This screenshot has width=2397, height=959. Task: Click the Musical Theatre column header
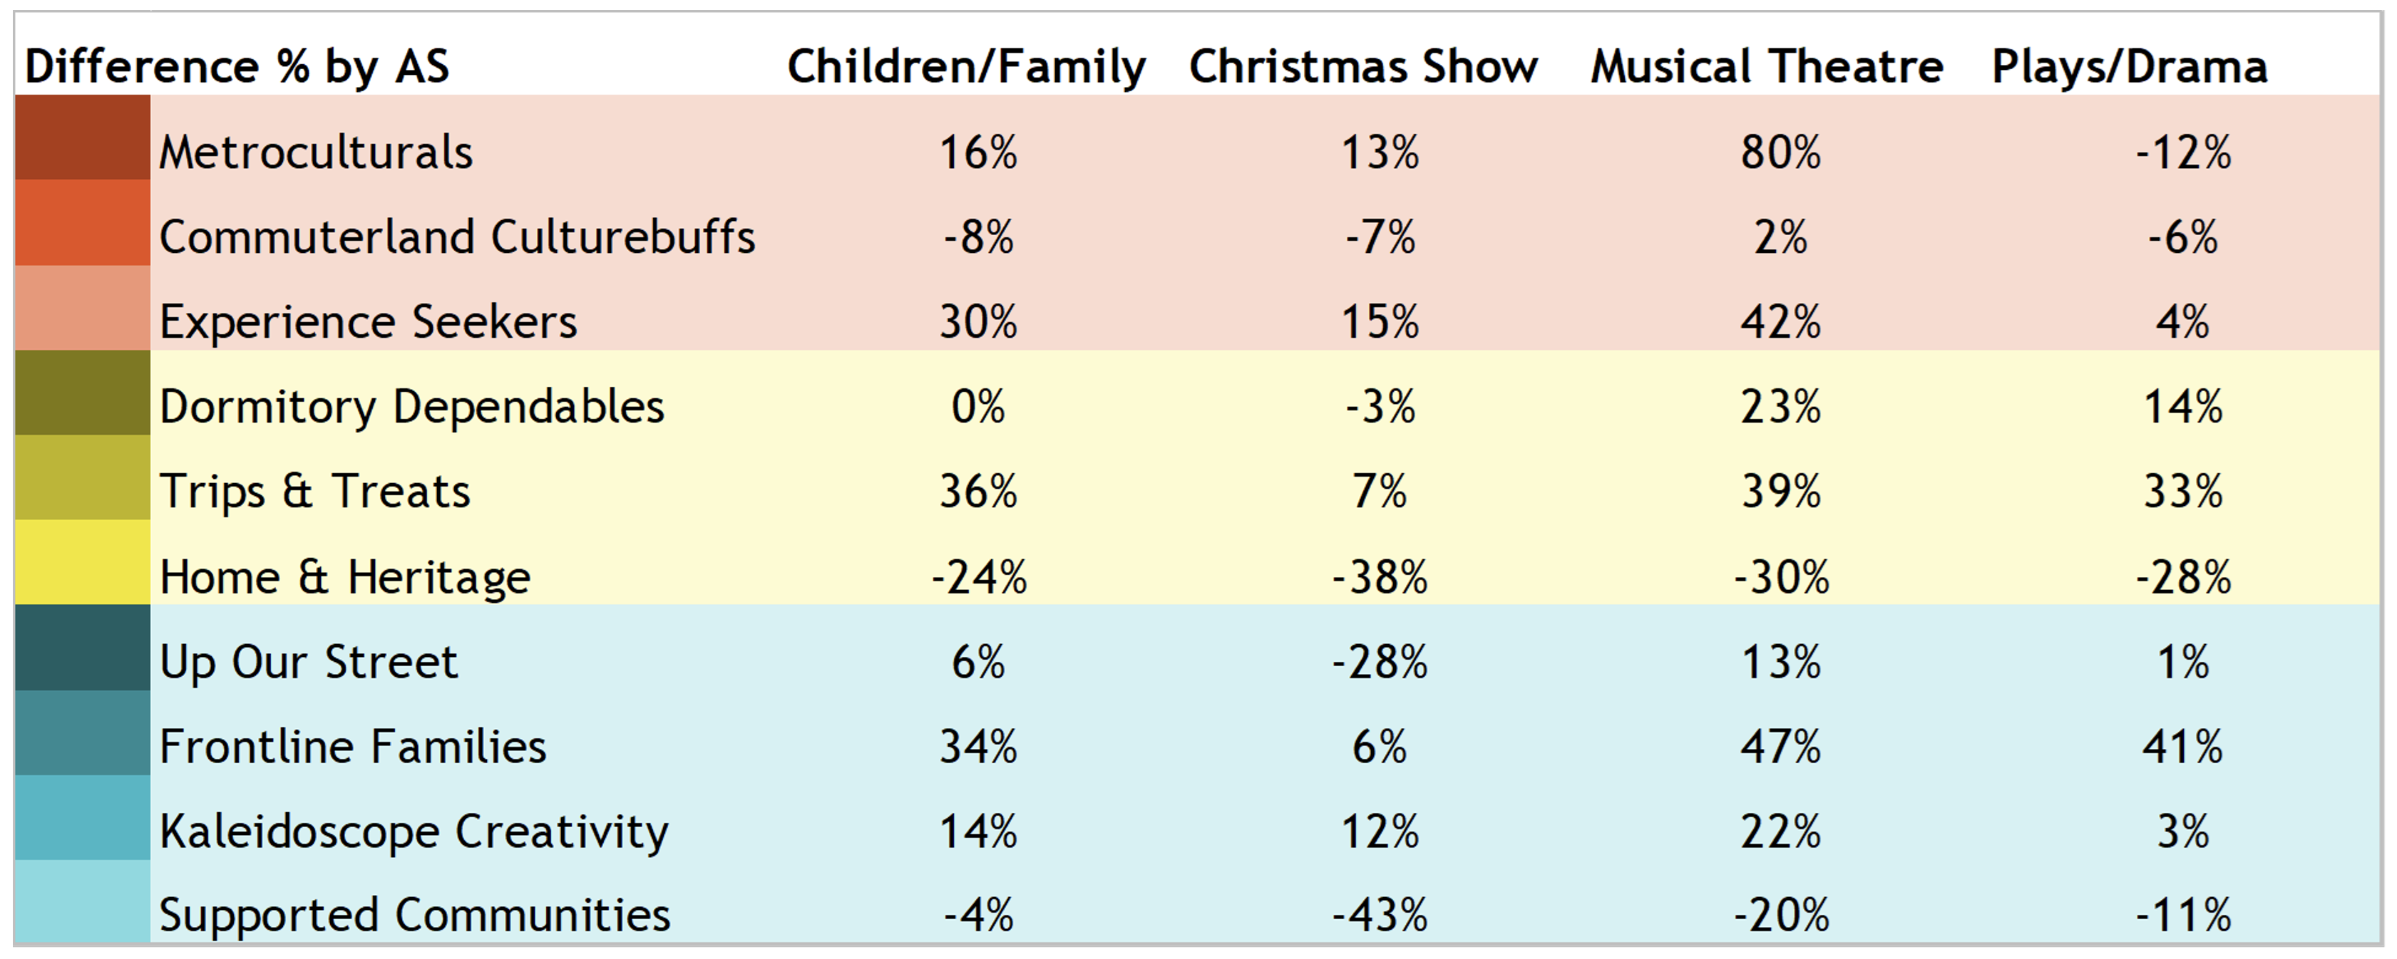tap(1766, 67)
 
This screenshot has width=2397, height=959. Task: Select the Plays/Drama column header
tap(2129, 67)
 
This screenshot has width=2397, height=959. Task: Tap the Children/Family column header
tap(966, 67)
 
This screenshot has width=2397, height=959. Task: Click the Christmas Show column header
tap(1363, 67)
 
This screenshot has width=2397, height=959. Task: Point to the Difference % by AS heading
tap(237, 67)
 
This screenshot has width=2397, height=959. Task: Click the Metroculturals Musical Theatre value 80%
tap(1780, 152)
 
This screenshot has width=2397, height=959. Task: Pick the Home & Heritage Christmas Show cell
tap(1379, 576)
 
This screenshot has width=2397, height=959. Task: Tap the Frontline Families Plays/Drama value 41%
tap(2182, 747)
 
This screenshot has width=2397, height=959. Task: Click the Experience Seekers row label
tap(368, 323)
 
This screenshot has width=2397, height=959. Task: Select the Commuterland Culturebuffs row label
tap(457, 237)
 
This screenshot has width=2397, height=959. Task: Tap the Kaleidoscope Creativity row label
tap(413, 831)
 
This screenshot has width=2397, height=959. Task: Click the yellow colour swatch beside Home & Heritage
tap(82, 562)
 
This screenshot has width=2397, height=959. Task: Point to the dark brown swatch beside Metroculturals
tap(82, 138)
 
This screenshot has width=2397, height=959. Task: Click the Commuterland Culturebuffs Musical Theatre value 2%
tap(1780, 238)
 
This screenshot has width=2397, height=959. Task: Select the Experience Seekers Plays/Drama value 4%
tap(2182, 323)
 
